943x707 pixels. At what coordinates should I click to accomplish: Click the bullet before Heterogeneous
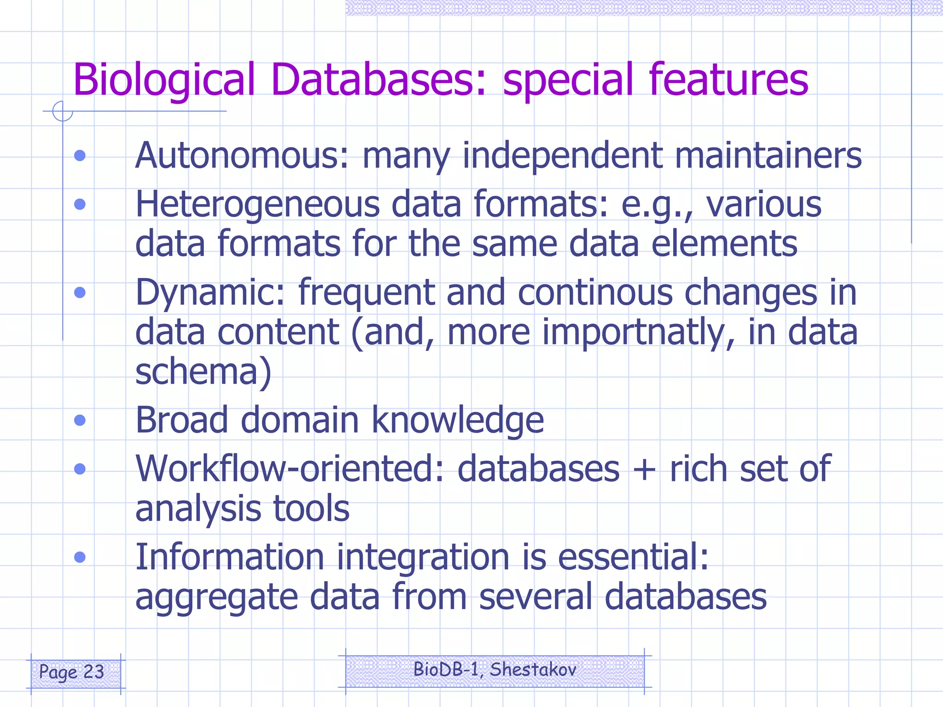tap(80, 204)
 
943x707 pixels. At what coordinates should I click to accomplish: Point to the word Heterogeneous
tap(257, 204)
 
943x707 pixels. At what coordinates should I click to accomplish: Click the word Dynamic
tap(210, 293)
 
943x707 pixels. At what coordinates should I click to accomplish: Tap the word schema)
tap(203, 371)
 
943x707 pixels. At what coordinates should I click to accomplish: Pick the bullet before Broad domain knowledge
tap(80, 420)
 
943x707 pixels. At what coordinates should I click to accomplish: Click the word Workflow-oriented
tap(290, 469)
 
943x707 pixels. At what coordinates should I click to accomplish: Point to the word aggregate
tap(217, 597)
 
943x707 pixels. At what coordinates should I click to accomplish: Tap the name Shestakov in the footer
tap(533, 669)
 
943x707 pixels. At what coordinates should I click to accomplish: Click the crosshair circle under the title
tap(63, 111)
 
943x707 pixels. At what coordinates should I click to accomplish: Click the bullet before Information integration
tap(80, 557)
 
